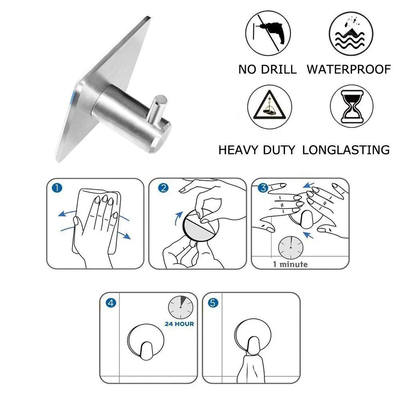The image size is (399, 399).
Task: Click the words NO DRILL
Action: click(x=267, y=69)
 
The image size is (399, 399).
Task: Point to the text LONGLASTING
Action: click(x=346, y=150)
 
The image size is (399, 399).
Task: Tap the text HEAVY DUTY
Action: click(x=257, y=150)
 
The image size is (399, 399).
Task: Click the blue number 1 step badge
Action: click(x=57, y=188)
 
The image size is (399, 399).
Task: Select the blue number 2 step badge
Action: click(x=163, y=188)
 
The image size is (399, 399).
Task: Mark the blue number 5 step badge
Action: click(x=213, y=303)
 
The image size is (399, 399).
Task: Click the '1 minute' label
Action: click(x=290, y=264)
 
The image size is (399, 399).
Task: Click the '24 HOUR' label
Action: click(x=179, y=324)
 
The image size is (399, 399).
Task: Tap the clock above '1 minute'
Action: click(x=290, y=247)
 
